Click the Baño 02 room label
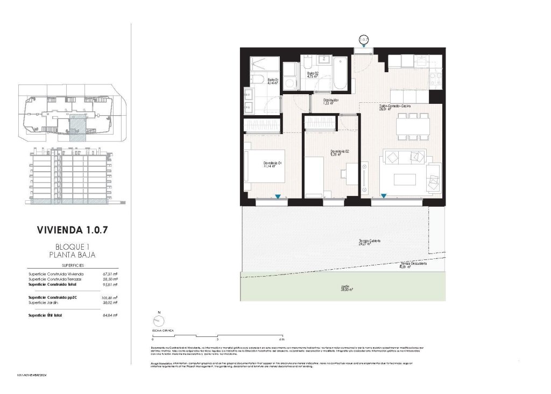point(313,74)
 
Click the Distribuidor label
point(330,101)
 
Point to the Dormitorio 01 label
point(273,164)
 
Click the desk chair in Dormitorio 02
point(344,172)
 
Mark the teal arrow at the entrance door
point(365,47)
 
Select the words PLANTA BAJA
point(76,255)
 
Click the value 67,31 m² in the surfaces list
point(110,274)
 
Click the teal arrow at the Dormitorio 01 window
point(278,198)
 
